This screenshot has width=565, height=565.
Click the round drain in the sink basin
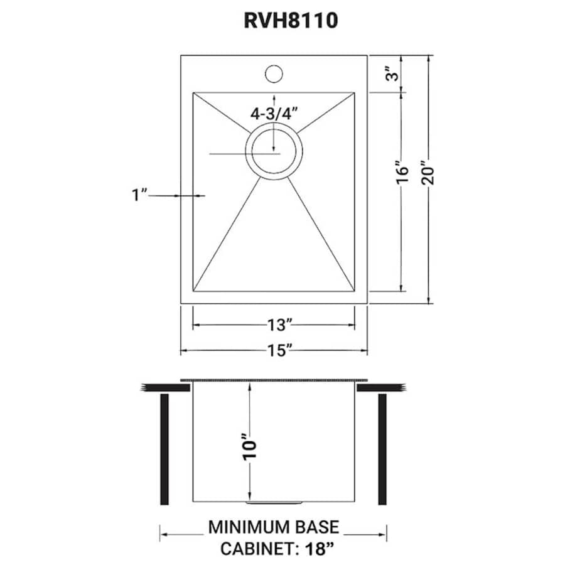[x=274, y=150]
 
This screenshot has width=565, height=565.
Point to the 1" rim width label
[x=139, y=195]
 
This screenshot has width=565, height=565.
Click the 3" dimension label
[x=392, y=75]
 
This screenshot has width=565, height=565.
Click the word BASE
[x=316, y=526]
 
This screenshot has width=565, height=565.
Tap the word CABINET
[x=254, y=549]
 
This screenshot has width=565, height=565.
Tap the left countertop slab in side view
[x=166, y=388]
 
